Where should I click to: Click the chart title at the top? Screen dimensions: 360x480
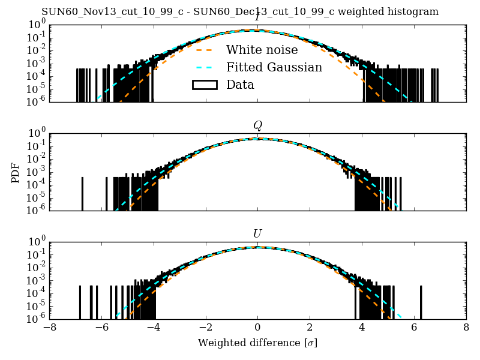click(x=240, y=12)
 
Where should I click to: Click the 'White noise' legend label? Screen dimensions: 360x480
click(x=262, y=50)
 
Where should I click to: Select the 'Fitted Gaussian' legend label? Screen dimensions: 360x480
click(x=274, y=67)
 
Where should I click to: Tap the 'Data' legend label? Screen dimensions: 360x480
click(x=240, y=85)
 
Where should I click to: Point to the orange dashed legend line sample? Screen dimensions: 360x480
click(x=204, y=50)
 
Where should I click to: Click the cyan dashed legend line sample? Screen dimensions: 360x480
click(x=204, y=67)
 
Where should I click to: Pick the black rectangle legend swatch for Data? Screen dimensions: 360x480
click(x=204, y=85)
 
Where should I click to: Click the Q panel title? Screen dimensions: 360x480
click(x=257, y=125)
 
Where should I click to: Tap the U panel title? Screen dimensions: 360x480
click(x=257, y=233)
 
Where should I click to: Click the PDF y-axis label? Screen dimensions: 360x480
click(x=16, y=172)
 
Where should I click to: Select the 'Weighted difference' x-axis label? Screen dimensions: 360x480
click(x=257, y=343)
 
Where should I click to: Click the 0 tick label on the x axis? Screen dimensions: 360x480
click(x=257, y=328)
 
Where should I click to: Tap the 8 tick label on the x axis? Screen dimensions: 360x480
click(x=466, y=328)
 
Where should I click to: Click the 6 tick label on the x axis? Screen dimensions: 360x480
click(x=414, y=328)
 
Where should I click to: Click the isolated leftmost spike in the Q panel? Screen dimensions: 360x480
click(x=82, y=194)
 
